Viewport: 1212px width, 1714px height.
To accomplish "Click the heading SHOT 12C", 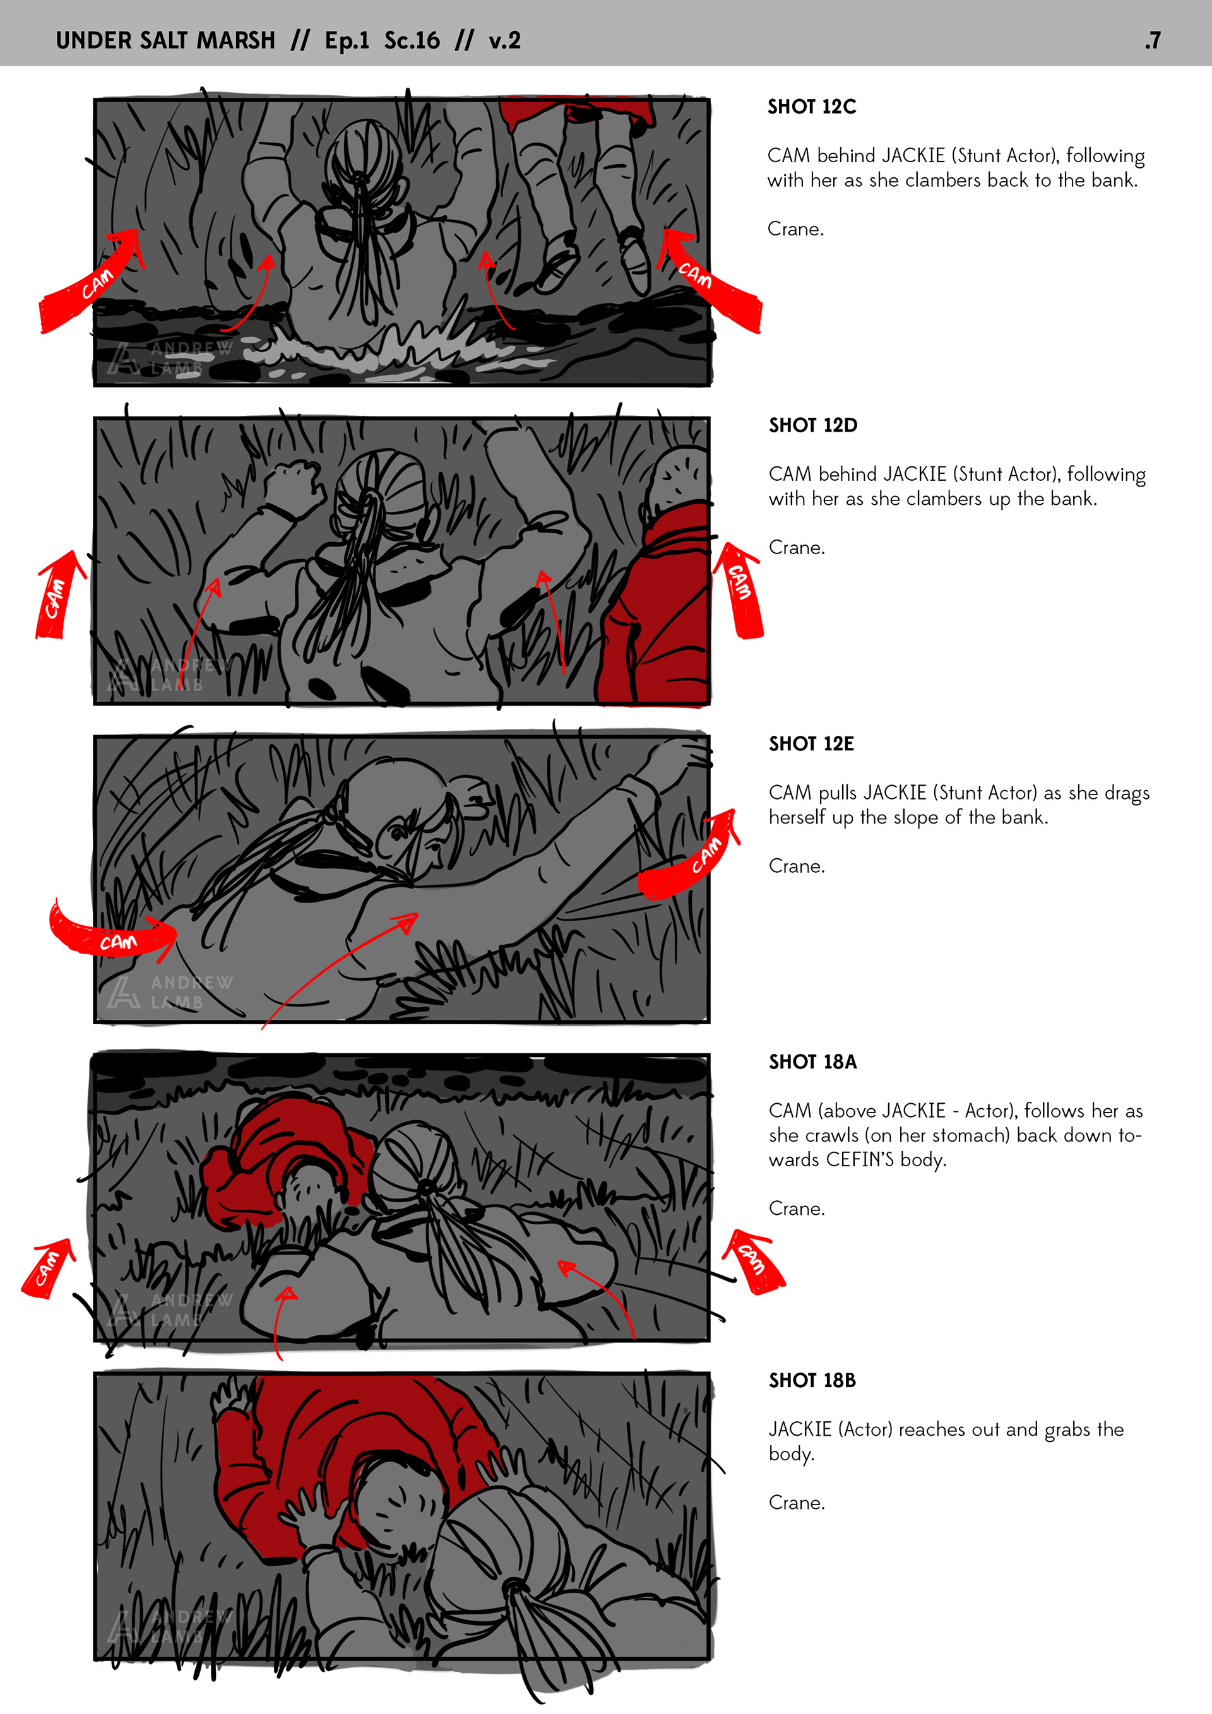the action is [x=812, y=107].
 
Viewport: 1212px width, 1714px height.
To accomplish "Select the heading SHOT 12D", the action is [x=813, y=425].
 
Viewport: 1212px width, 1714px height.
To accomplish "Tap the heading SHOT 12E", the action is [x=812, y=743].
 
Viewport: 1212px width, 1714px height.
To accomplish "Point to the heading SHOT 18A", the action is [x=813, y=1061].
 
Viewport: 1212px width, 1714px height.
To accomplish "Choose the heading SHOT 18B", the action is [x=812, y=1380].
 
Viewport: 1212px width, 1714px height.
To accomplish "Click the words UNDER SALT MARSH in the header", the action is [x=166, y=40].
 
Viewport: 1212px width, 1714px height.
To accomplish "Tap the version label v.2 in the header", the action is [x=505, y=40].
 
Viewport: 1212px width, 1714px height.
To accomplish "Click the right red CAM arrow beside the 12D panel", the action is [x=739, y=590].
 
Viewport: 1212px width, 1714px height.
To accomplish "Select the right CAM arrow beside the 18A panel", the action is [x=752, y=1262].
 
